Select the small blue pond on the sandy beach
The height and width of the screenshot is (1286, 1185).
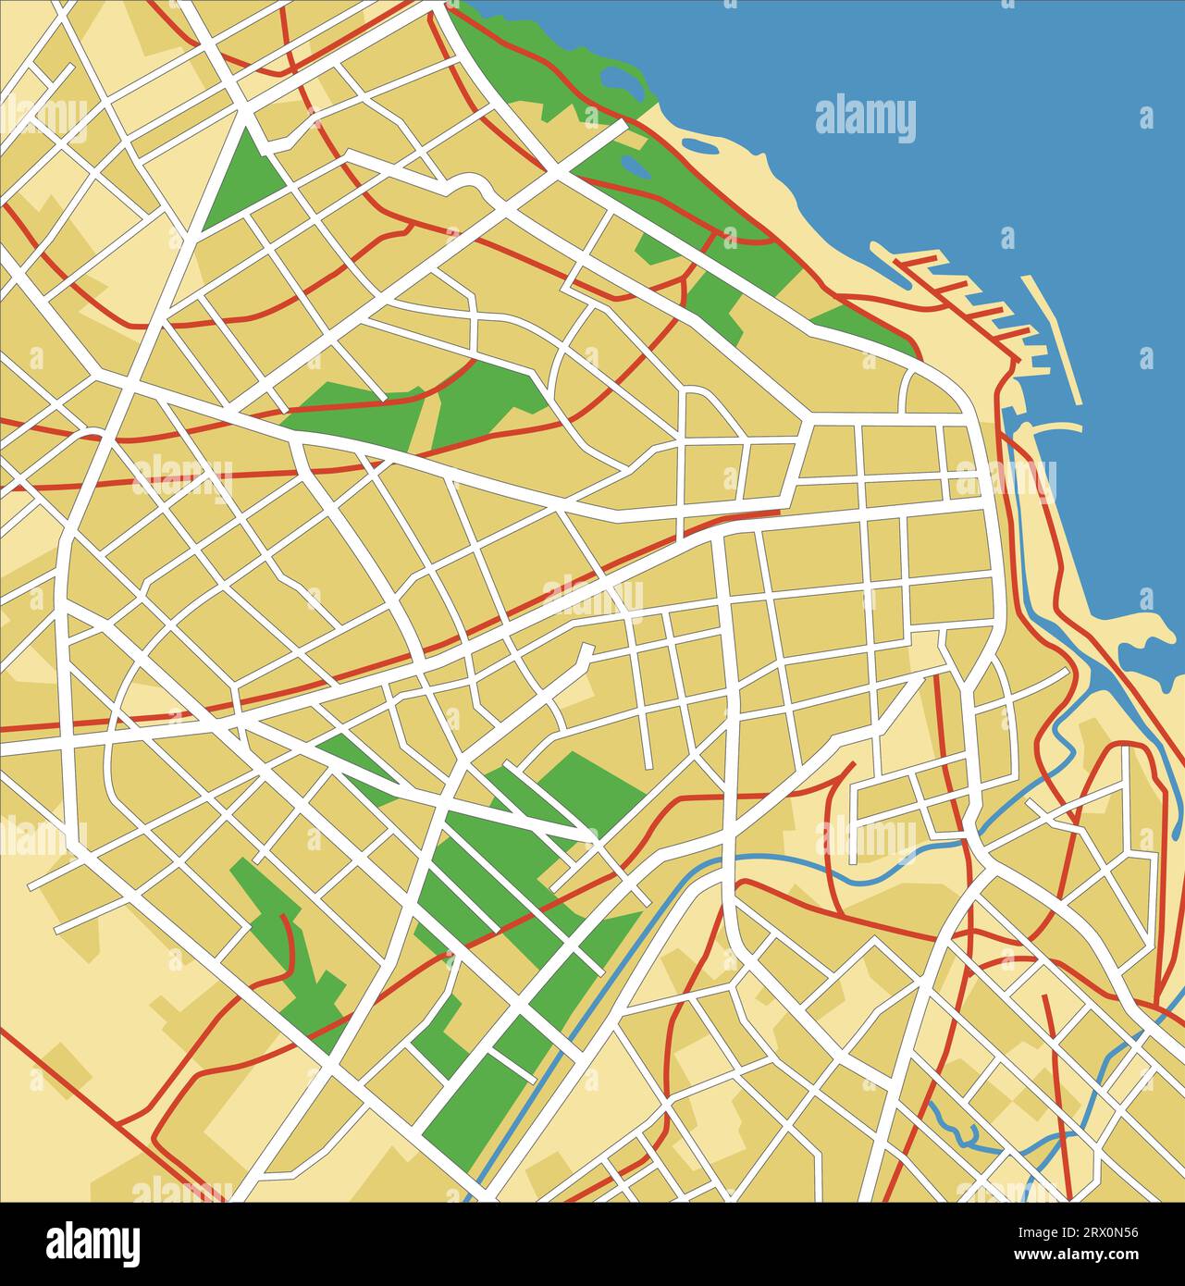pos(701,144)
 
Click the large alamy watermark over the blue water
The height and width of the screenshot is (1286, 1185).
pos(865,119)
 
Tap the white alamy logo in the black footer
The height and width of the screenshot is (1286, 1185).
pos(93,1243)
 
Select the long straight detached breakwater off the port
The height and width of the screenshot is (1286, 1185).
pos(1053,338)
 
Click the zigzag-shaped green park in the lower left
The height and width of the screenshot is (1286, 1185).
pos(287,953)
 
